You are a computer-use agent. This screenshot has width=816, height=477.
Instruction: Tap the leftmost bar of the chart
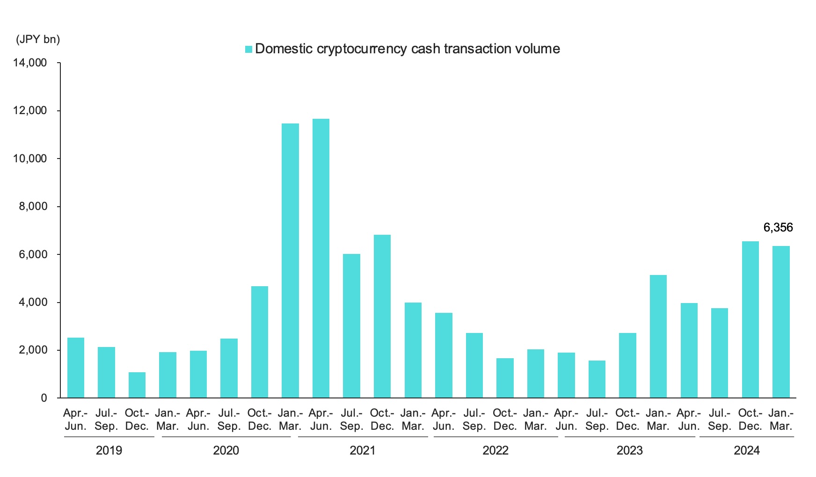[x=76, y=368]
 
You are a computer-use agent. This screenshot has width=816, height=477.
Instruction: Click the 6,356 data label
[x=778, y=228]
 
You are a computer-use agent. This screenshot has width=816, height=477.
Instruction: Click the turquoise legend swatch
[x=248, y=49]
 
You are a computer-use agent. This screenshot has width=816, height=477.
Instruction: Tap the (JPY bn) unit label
[x=38, y=39]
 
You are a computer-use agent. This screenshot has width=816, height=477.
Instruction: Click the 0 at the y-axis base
[x=44, y=398]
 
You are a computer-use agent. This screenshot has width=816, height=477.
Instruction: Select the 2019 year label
[x=109, y=450]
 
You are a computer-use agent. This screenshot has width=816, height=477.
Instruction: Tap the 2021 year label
[x=362, y=450]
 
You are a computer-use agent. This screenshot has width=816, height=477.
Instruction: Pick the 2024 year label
[x=746, y=450]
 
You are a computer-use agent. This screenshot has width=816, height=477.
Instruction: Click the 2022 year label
[x=495, y=450]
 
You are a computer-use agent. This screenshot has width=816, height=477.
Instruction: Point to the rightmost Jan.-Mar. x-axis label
[x=780, y=419]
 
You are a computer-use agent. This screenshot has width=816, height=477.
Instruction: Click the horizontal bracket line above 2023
[x=629, y=437]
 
